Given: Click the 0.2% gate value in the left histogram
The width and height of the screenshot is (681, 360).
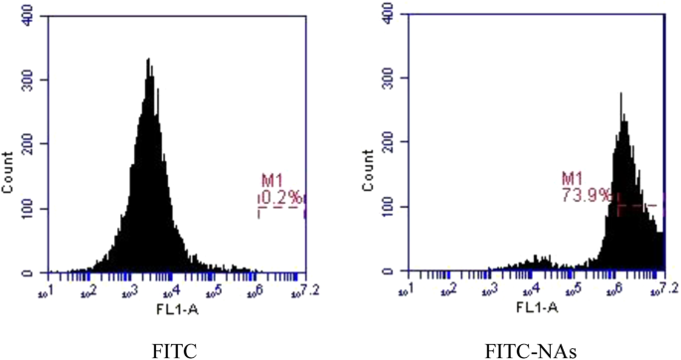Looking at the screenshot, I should point(281,196).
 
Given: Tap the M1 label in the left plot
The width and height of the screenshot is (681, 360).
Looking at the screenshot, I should point(271,181).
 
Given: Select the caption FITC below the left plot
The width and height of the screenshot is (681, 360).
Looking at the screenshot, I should point(174,349).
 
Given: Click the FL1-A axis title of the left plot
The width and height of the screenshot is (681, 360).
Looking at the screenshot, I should point(172,310).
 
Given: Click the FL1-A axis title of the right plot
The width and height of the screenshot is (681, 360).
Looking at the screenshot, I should point(528,310).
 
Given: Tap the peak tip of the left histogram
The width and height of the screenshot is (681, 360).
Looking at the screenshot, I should point(148,59).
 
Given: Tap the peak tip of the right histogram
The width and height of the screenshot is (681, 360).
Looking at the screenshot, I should point(621,93).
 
